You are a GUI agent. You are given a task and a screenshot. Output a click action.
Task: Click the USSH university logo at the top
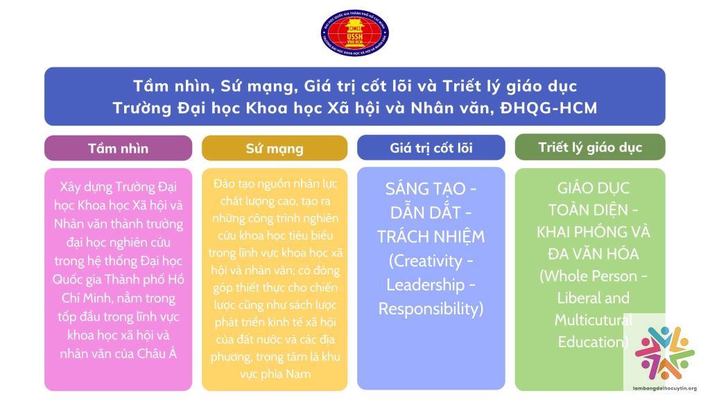[x=354, y=33]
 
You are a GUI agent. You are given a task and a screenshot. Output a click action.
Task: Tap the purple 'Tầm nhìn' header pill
[x=118, y=148]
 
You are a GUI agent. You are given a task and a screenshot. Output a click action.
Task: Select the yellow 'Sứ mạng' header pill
[x=275, y=148]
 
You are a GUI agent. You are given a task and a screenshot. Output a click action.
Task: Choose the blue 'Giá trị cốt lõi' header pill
[x=431, y=147]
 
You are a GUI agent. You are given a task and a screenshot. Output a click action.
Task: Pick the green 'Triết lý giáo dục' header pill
[x=590, y=147]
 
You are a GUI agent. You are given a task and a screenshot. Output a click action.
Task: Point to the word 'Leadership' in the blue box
[x=425, y=285]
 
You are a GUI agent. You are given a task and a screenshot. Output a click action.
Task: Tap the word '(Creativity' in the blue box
[x=425, y=261]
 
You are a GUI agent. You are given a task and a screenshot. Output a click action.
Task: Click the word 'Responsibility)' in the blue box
[x=431, y=309]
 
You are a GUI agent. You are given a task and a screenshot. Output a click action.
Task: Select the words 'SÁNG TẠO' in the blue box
[x=425, y=188]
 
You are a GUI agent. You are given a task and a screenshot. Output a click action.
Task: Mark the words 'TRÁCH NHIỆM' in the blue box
[x=431, y=236]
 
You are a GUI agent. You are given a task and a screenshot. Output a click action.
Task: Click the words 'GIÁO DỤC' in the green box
[x=594, y=187]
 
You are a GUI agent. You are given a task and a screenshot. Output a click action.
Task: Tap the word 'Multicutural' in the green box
[x=594, y=319]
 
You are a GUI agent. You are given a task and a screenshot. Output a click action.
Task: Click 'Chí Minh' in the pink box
[x=86, y=299]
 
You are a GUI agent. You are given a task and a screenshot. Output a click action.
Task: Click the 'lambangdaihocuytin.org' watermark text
[x=665, y=388]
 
